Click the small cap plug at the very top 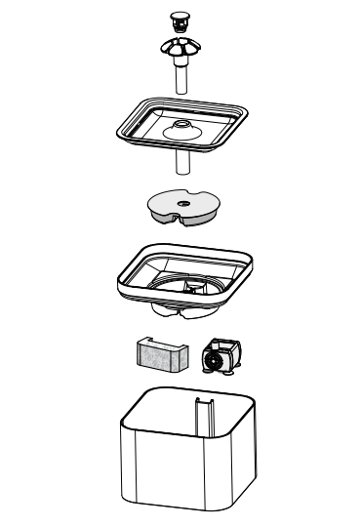178,18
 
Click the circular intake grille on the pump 210,361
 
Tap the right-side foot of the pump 233,370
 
